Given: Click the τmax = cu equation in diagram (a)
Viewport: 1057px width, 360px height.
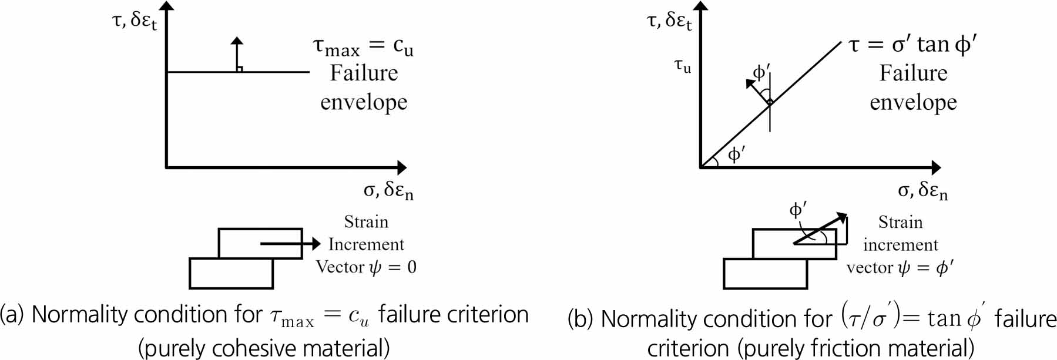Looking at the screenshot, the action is (x=363, y=46).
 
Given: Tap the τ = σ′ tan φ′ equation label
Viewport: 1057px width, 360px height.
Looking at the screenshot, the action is (x=913, y=45).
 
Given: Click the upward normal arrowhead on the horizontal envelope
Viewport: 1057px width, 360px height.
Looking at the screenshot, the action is (x=237, y=41).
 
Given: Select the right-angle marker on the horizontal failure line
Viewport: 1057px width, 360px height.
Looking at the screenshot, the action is (x=239, y=69).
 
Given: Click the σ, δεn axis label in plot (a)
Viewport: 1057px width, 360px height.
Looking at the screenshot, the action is (x=388, y=190).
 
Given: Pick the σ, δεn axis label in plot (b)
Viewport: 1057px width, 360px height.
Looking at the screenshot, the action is (x=922, y=190).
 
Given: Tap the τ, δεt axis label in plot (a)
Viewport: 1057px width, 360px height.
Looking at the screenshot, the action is (x=135, y=21).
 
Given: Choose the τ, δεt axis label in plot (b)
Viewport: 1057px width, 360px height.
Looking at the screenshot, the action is (x=669, y=21).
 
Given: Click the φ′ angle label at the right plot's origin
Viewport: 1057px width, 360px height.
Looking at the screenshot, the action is (x=736, y=154).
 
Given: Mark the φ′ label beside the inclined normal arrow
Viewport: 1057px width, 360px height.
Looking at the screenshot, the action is (x=761, y=72).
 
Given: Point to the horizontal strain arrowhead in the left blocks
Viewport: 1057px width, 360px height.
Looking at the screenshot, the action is (x=316, y=243).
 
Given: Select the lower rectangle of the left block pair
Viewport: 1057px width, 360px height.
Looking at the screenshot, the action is (x=231, y=273).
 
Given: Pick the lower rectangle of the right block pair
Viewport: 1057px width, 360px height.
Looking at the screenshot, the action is (x=766, y=274).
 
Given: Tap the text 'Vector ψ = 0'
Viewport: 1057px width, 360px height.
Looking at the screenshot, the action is (x=366, y=267).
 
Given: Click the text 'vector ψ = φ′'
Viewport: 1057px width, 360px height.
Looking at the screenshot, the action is (x=900, y=268).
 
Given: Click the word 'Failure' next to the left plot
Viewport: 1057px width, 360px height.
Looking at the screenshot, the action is (x=364, y=73).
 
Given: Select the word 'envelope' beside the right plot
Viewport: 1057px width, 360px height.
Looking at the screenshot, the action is (x=913, y=103).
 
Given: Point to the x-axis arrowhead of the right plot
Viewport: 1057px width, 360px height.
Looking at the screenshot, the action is (x=935, y=167).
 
